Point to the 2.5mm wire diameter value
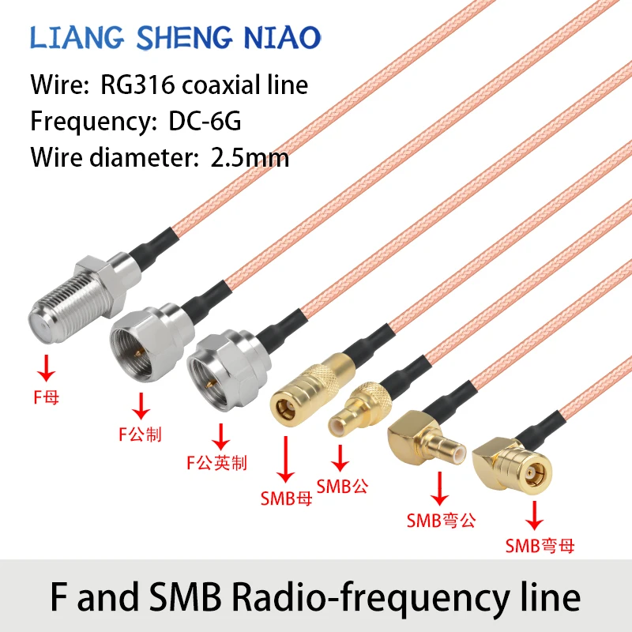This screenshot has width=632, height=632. [x=250, y=157]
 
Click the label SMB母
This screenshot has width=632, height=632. [x=287, y=498]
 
